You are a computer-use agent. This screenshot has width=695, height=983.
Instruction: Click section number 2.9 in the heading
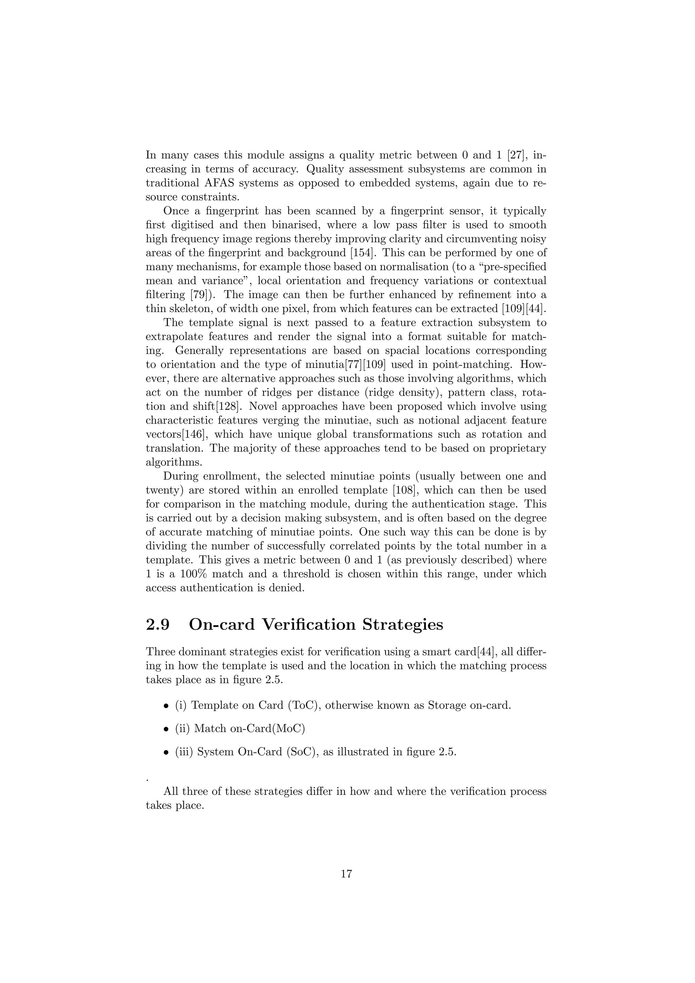pyautogui.click(x=157, y=625)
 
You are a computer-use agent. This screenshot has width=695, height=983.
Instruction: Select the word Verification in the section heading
pyautogui.click(x=308, y=625)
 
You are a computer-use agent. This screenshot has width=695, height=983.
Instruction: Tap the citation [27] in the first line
pyautogui.click(x=518, y=155)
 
